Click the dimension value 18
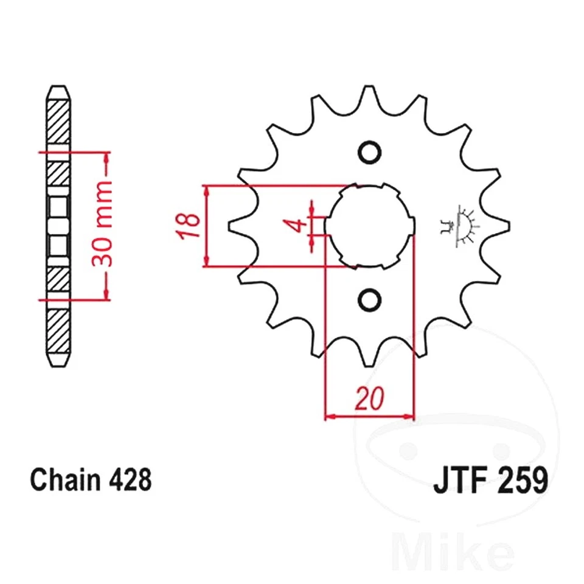click(190, 225)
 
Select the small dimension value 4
click(296, 226)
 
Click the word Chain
click(66, 480)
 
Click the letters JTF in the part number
click(459, 480)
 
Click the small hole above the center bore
click(369, 151)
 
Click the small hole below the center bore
click(369, 299)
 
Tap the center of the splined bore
click(369, 226)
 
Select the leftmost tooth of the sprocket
click(234, 226)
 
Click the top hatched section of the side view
click(58, 122)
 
